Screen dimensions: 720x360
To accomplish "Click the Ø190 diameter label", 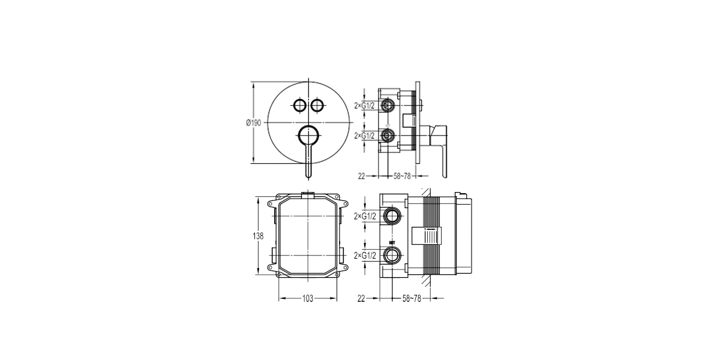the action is point(254,123).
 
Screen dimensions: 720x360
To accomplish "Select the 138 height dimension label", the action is point(258,236).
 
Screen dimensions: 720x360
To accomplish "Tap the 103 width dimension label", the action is point(308,299).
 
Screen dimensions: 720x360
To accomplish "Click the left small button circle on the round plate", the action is point(300,105).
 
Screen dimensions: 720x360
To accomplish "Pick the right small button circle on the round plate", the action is point(317,105).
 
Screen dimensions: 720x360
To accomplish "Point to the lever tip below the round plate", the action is point(308,176).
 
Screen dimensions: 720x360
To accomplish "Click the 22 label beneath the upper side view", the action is point(362,176).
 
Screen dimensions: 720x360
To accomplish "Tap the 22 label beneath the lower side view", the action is point(361,299).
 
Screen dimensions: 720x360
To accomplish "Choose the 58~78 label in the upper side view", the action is point(402,176).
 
